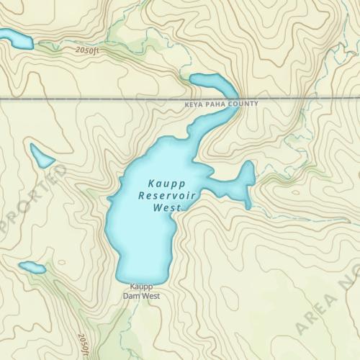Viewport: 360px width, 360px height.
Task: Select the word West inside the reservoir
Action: (165, 208)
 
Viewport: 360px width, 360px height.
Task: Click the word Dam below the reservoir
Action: (131, 296)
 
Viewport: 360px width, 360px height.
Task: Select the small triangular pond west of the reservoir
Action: (40, 155)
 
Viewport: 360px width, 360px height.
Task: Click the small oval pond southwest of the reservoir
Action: (32, 268)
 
